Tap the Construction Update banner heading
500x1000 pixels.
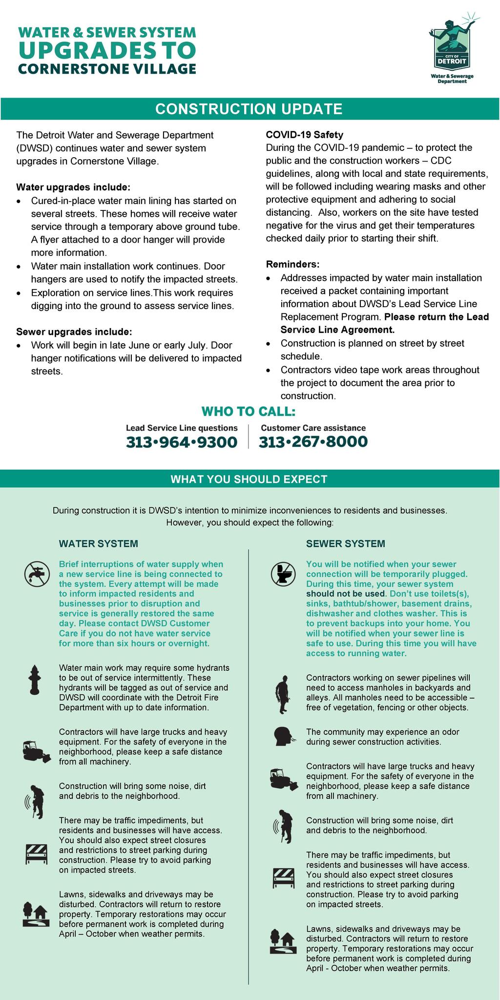(x=249, y=109)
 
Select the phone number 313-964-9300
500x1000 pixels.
(x=182, y=442)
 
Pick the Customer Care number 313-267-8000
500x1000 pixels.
(x=313, y=441)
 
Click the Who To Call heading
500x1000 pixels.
(x=249, y=412)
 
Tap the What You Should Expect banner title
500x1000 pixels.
(x=249, y=479)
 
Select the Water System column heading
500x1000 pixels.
(x=98, y=543)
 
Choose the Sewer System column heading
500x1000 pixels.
(x=345, y=543)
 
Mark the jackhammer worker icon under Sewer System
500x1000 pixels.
(x=283, y=827)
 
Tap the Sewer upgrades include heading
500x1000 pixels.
(x=74, y=332)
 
